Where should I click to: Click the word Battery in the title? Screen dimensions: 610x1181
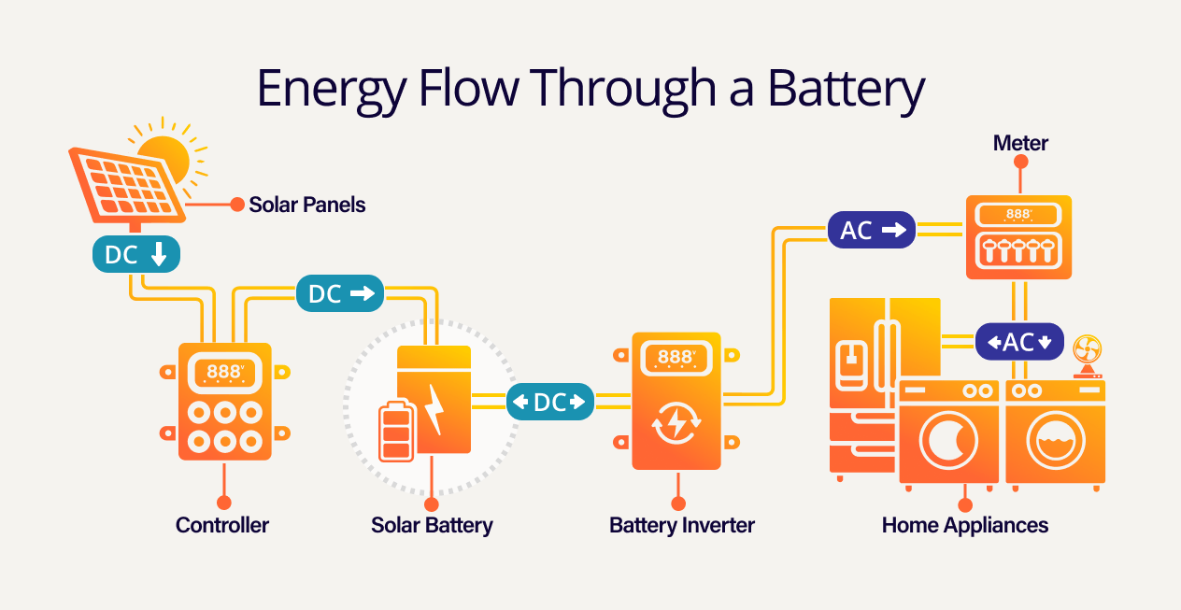[x=846, y=90]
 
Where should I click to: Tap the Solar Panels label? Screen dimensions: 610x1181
[x=306, y=205]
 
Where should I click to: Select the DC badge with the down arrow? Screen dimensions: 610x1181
[x=135, y=254]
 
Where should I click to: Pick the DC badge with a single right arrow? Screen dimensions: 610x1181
[x=340, y=294]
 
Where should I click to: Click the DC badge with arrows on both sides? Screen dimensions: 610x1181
[x=550, y=403]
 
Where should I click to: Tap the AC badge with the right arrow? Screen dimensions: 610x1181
[x=872, y=230]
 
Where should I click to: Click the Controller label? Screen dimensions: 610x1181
[x=222, y=525]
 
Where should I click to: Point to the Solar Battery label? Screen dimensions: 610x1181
[x=432, y=525]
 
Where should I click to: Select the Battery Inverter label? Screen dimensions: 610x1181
[x=682, y=525]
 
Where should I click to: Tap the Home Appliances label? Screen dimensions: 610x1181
[x=965, y=525]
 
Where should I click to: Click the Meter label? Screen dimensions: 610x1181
[x=1020, y=143]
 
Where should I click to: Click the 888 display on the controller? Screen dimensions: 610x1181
[x=224, y=372]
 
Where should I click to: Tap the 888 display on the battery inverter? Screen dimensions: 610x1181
[x=676, y=358]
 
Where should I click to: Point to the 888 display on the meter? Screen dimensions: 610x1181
[x=1018, y=215]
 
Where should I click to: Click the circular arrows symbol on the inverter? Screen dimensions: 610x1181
[x=676, y=423]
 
